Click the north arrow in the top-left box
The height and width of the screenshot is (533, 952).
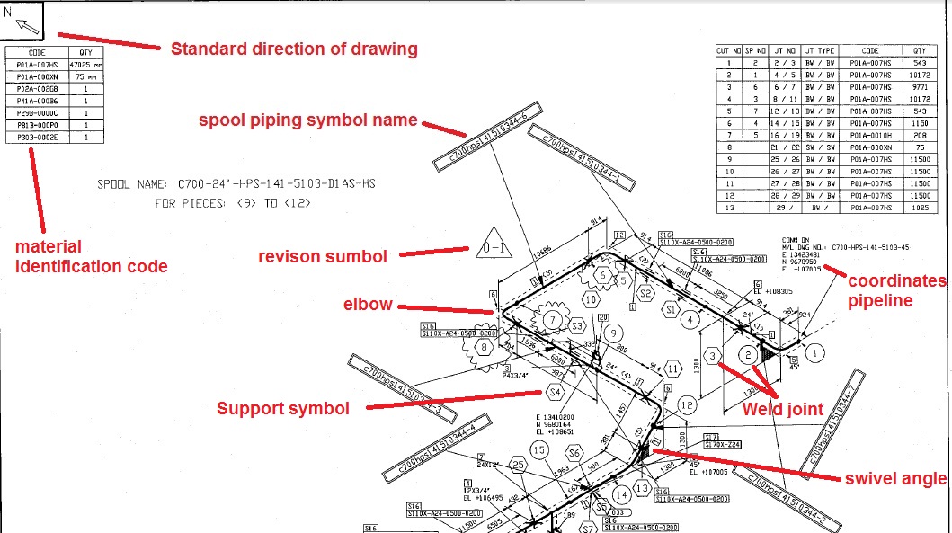pyautogui.click(x=27, y=24)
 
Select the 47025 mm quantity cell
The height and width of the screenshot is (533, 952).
pyautogui.click(x=85, y=65)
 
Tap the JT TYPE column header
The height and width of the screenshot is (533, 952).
pyautogui.click(x=819, y=51)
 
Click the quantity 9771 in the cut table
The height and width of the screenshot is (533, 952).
pyautogui.click(x=919, y=87)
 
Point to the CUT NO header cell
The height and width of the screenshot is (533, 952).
pyautogui.click(x=729, y=51)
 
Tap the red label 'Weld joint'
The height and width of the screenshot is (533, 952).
pyautogui.click(x=782, y=410)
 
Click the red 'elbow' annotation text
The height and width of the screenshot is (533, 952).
pyautogui.click(x=367, y=304)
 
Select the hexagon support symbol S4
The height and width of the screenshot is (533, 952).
pyautogui.click(x=555, y=392)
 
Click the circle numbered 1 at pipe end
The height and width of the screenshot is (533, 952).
pyautogui.click(x=814, y=353)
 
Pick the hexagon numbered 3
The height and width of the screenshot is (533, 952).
pyautogui.click(x=713, y=357)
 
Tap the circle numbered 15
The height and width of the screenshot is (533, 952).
pyautogui.click(x=538, y=449)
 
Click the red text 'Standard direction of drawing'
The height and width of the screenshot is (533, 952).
pyautogui.click(x=294, y=49)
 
